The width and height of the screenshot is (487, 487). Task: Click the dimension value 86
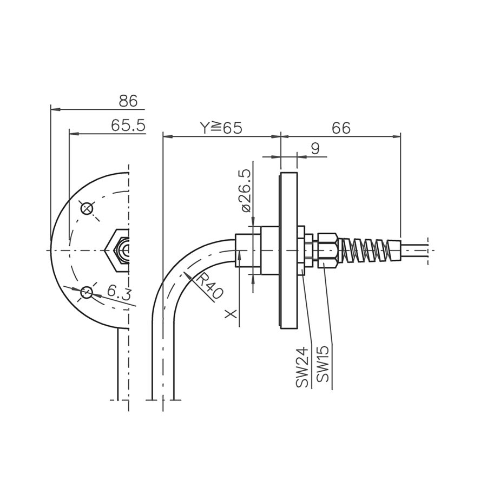128,101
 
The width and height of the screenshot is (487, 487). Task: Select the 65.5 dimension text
128,125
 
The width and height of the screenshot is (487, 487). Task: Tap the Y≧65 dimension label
221,128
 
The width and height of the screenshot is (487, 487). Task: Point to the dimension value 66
341,128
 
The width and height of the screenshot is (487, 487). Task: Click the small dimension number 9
315,149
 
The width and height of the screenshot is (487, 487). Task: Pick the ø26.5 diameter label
246,191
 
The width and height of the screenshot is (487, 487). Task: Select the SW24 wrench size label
302,368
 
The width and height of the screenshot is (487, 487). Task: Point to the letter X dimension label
231,314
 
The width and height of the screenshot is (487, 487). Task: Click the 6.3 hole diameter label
119,292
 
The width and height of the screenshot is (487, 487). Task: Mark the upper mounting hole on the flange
87,208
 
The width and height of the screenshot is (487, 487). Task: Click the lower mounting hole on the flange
87,292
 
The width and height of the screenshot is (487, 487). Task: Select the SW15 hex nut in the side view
327,251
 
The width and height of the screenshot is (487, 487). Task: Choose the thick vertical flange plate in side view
289,251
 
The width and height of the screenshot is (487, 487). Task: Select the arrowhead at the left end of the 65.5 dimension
74,134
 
